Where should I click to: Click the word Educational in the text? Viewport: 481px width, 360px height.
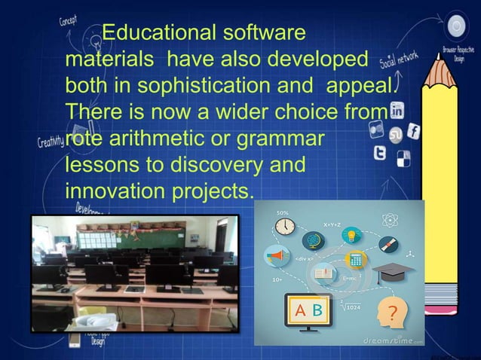click(155, 33)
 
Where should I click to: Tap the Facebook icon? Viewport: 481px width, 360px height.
click(413, 131)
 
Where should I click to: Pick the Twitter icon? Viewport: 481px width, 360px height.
click(381, 153)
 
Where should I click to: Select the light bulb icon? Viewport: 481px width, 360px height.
click(351, 235)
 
